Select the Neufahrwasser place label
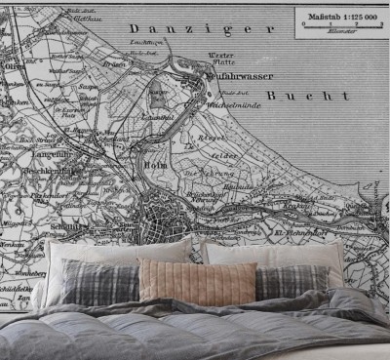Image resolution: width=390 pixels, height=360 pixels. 240,75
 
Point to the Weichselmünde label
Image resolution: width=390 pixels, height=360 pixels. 231,100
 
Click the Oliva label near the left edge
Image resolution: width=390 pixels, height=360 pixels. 14,66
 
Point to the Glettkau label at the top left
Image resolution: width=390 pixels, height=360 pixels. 87,18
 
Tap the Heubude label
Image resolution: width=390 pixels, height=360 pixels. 240,186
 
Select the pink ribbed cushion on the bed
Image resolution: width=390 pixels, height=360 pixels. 197,281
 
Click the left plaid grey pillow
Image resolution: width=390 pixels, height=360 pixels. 99,282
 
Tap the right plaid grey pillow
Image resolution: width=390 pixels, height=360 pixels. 292,281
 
